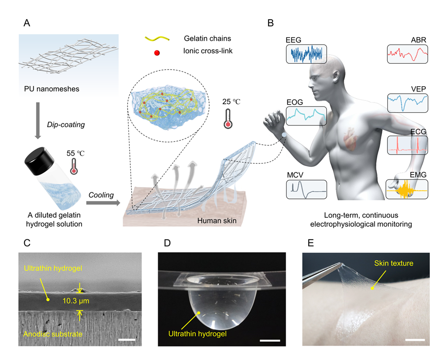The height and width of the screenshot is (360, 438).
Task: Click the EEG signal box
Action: click(x=306, y=53)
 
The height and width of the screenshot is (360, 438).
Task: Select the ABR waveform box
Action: click(x=407, y=53)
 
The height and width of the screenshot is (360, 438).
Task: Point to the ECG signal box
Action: click(x=407, y=145)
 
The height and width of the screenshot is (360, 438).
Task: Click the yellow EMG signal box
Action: click(x=407, y=189)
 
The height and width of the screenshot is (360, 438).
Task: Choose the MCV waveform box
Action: click(x=306, y=189)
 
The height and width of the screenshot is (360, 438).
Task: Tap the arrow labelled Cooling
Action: click(x=102, y=203)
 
